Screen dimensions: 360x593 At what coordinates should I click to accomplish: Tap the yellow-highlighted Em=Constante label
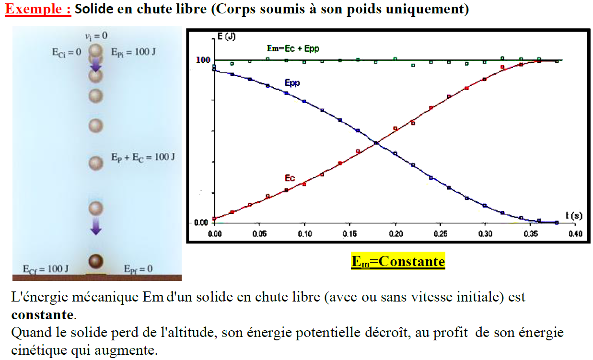[x=398, y=261]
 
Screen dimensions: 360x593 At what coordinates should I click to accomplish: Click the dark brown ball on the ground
[x=96, y=261]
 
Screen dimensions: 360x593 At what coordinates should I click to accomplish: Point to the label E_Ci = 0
[x=67, y=52]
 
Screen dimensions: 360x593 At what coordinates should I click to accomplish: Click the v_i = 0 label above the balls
[x=96, y=36]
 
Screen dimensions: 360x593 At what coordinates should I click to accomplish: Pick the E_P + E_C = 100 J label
[x=142, y=157]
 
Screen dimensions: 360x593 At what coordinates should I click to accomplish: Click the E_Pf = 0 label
[x=138, y=268]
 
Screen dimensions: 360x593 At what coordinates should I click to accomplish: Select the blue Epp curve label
[x=292, y=83]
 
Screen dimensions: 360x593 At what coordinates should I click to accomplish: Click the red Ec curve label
[x=290, y=178]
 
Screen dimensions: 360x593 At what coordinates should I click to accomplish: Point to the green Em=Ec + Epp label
[x=293, y=48]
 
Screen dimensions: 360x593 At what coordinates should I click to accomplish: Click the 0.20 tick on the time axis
[x=395, y=233]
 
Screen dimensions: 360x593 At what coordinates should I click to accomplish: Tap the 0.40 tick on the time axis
[x=575, y=233]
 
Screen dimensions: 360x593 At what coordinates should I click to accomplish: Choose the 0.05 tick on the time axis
[x=259, y=233]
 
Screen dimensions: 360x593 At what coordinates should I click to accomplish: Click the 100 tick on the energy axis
[x=203, y=60]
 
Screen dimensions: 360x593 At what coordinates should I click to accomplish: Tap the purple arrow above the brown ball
[x=96, y=226]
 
